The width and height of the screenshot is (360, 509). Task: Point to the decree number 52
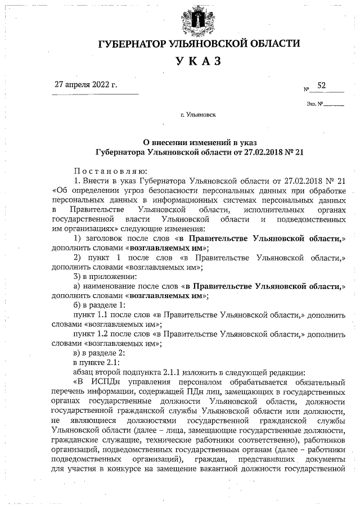(x=322, y=85)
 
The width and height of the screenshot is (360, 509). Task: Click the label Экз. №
(x=314, y=103)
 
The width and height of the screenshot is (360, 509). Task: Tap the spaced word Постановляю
(x=110, y=171)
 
